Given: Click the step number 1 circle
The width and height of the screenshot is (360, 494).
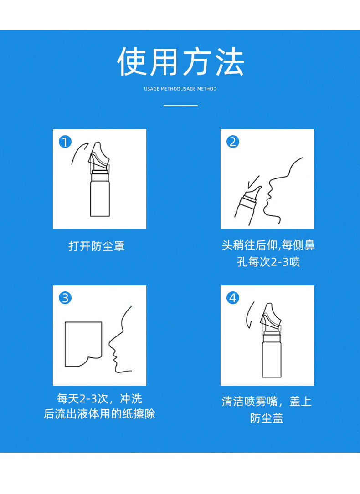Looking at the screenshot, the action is click(x=65, y=142).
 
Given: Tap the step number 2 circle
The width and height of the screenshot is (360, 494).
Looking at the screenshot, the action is click(x=233, y=142).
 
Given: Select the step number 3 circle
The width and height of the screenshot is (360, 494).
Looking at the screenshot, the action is click(x=65, y=298).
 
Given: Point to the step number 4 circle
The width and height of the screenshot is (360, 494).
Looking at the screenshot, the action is click(x=233, y=298).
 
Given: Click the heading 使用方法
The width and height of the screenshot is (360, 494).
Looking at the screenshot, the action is click(x=180, y=62).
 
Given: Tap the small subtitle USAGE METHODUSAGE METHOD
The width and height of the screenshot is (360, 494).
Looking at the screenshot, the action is click(x=180, y=89).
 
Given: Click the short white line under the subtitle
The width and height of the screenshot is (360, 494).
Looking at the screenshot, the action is click(x=180, y=106).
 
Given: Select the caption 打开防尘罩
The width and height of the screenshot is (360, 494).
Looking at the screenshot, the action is click(x=97, y=246).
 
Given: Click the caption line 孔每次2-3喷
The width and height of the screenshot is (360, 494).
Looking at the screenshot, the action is click(x=268, y=262).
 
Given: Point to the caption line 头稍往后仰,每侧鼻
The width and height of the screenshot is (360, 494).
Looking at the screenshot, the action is click(x=268, y=245).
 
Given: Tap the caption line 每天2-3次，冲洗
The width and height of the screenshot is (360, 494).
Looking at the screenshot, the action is click(x=100, y=399).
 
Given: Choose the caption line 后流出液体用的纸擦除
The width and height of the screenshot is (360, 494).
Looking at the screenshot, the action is click(x=100, y=414).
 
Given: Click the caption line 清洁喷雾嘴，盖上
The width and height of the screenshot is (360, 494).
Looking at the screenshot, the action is click(x=267, y=402).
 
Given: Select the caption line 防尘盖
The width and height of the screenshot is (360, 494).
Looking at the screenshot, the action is click(x=267, y=418).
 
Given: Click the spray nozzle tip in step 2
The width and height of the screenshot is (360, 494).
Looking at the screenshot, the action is click(x=260, y=188).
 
